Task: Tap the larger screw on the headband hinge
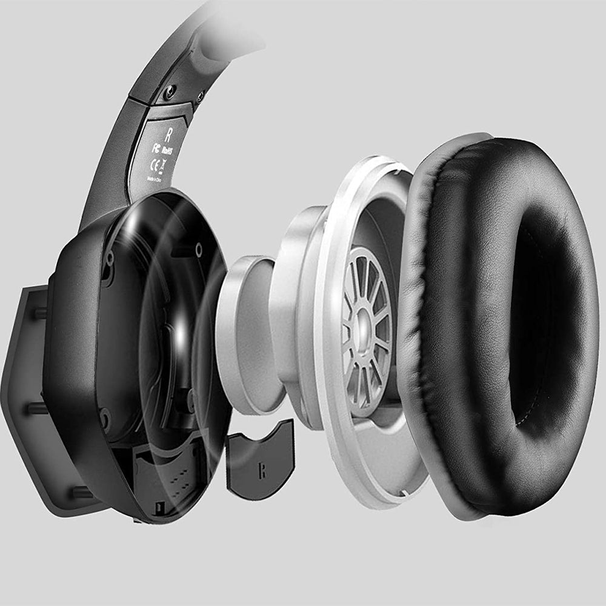coord(170,92)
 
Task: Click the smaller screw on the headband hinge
coord(199,96)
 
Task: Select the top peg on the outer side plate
coord(40,313)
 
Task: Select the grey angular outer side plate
coord(24,394)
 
